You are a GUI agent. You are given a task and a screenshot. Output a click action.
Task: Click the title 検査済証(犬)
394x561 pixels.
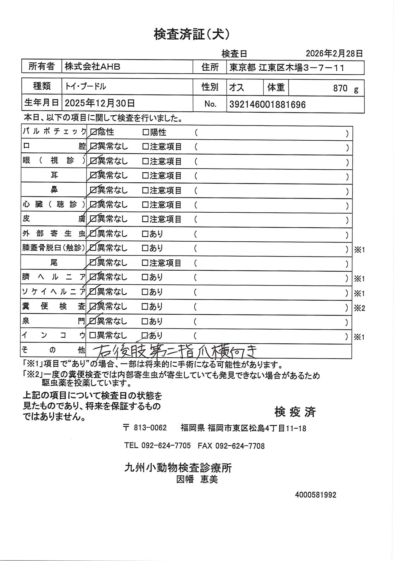point(192,34)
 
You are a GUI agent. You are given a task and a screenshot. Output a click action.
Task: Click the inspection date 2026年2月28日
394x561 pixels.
point(334,53)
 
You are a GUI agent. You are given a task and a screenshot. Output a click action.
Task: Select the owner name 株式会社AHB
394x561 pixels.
point(93,67)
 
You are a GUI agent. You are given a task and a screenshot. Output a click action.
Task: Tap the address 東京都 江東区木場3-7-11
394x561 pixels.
point(287,68)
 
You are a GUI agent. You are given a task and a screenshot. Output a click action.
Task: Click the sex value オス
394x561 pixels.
point(236,88)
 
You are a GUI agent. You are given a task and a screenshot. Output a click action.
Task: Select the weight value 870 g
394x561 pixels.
point(346,89)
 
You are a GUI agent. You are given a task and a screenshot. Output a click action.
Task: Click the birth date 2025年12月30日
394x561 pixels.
point(100,104)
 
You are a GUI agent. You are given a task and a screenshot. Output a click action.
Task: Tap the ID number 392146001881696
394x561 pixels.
point(267,105)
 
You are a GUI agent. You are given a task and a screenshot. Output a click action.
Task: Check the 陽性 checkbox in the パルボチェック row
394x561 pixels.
point(145,133)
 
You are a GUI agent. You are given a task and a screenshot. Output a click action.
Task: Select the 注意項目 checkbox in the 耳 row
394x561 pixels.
point(145,176)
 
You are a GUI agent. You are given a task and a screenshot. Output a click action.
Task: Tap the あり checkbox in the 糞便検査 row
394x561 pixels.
point(145,307)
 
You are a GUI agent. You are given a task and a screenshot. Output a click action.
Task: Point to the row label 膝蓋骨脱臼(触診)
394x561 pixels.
point(53,248)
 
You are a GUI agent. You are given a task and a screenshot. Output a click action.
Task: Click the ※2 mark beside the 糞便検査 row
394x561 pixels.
point(359,308)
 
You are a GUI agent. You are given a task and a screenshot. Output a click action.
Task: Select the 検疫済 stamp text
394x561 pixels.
point(295,412)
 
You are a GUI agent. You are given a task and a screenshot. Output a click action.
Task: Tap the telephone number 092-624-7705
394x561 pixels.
point(166,445)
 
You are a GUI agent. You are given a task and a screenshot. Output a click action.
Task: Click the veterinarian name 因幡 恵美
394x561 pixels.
point(197,479)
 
